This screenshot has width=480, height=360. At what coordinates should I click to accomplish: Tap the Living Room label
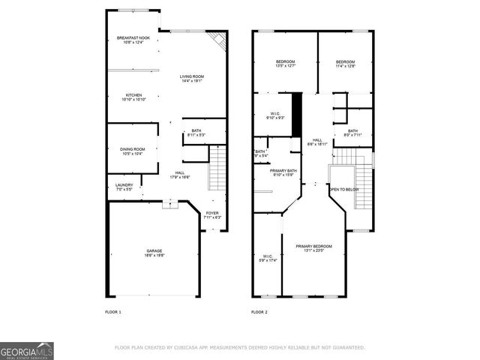coord(191,79)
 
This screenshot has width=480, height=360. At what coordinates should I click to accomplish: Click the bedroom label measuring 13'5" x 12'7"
coord(285,64)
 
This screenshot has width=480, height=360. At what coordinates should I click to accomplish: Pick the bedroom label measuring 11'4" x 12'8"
coord(345,64)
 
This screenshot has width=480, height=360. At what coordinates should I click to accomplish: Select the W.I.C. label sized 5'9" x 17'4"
coord(267,257)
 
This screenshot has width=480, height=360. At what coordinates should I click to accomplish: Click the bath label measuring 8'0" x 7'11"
coord(352,133)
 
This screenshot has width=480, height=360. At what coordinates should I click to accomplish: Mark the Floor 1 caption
coord(112,311)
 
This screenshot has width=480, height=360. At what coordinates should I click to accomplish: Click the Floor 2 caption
coord(259,311)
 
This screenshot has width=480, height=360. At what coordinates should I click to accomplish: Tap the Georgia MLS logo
coord(27,350)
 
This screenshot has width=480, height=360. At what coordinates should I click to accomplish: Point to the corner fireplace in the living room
coord(218,40)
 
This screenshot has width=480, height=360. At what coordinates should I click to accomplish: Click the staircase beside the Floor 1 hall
coord(217,169)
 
